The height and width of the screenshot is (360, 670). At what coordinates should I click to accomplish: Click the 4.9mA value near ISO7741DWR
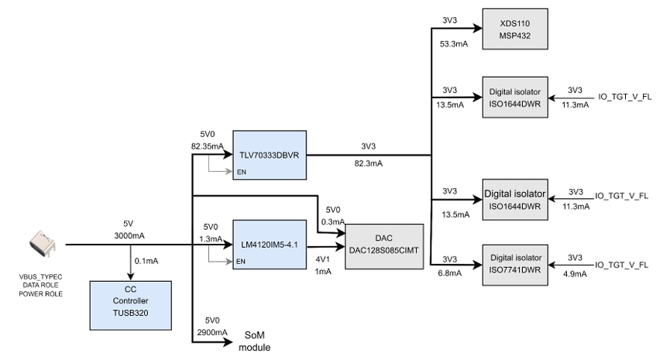(x=574, y=273)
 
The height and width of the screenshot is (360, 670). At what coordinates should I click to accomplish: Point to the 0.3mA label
(x=333, y=221)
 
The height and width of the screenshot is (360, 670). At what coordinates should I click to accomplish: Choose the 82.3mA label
(x=369, y=163)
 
